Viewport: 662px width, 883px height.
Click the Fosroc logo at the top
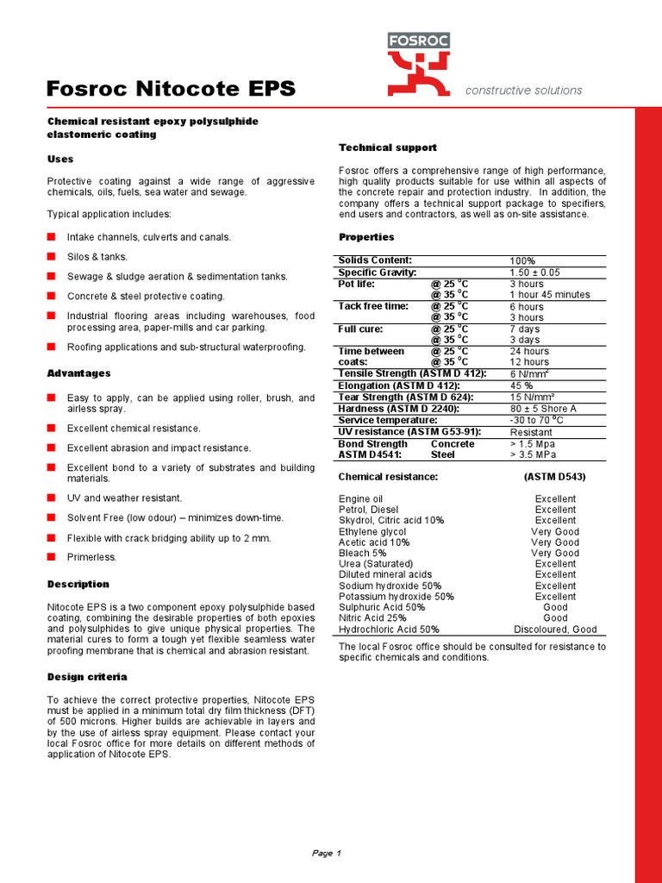pos(418,64)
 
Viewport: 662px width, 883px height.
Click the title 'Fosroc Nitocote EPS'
pos(171,89)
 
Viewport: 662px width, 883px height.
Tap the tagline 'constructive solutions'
pos(523,91)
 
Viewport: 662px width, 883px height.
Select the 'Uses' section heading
pos(60,160)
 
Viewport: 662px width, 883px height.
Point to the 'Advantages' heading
pos(78,373)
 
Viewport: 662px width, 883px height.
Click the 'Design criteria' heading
pos(87,677)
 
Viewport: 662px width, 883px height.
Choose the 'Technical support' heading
pos(388,147)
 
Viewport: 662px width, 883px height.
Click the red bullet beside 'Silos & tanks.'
pos(52,256)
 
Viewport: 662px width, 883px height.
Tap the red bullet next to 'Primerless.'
pos(52,556)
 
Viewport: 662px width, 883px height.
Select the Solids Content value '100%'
pos(522,261)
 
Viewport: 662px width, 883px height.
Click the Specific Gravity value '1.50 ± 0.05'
pos(534,272)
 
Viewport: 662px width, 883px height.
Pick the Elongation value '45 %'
pos(521,385)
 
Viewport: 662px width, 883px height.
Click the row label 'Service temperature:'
pos(382,420)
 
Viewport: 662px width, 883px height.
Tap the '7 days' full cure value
pos(525,329)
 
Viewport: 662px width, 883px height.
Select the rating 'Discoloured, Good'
pos(555,629)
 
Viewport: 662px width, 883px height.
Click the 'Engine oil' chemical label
pos(361,499)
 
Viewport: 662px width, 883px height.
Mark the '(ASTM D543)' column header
pos(555,477)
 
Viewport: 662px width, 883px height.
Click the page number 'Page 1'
pos(327,854)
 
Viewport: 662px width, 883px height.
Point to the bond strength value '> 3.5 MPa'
pos(534,454)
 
